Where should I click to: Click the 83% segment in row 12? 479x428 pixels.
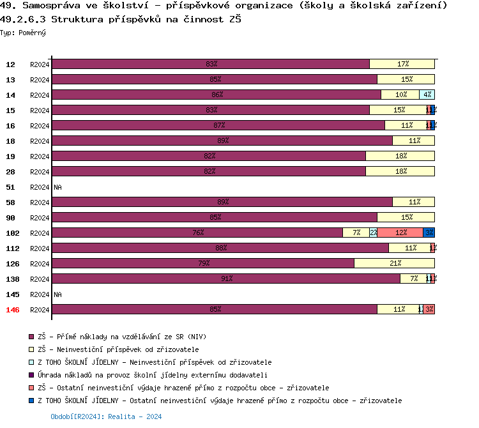pos(211,64)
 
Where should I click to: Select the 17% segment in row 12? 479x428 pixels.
pos(402,64)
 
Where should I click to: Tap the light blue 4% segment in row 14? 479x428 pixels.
pos(427,95)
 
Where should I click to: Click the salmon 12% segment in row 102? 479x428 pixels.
pos(400,233)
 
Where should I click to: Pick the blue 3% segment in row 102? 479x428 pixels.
pos(429,233)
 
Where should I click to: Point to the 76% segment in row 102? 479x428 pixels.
pos(198,233)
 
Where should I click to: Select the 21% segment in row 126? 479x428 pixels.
pos(395,263)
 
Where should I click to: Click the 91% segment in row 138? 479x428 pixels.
pos(226,279)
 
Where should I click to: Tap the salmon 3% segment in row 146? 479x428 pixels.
pos(429,309)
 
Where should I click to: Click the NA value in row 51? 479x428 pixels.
pos(57,187)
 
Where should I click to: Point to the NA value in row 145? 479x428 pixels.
pos(57,294)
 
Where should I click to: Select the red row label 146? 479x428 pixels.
pos(12,310)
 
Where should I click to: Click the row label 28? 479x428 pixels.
pos(11,172)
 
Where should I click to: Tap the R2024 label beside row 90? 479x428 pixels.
pos(40,218)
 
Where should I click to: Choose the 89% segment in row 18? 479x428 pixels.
pos(222,141)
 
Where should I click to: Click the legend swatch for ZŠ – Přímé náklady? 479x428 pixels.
pos(31,337)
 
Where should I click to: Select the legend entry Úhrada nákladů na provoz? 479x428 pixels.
pos(152,375)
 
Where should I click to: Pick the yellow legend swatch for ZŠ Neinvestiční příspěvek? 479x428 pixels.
pos(31,349)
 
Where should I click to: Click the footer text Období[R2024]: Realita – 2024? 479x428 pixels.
pos(106,417)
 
